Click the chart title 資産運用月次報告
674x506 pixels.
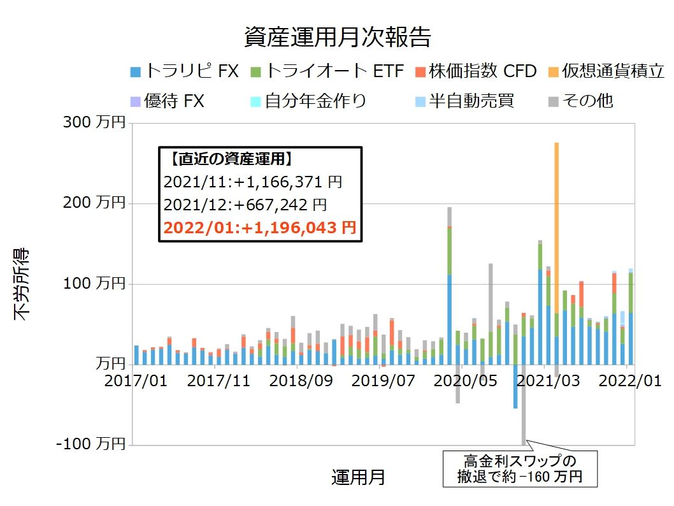(x=337, y=38)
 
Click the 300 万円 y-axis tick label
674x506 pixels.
(x=94, y=123)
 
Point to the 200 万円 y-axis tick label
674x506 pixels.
(x=94, y=203)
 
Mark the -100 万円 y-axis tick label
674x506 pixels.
(x=90, y=445)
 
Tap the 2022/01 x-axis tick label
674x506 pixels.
(x=631, y=381)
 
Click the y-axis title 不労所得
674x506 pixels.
(x=23, y=284)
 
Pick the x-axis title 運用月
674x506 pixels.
(x=358, y=477)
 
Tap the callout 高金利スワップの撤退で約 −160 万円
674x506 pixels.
(x=520, y=469)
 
